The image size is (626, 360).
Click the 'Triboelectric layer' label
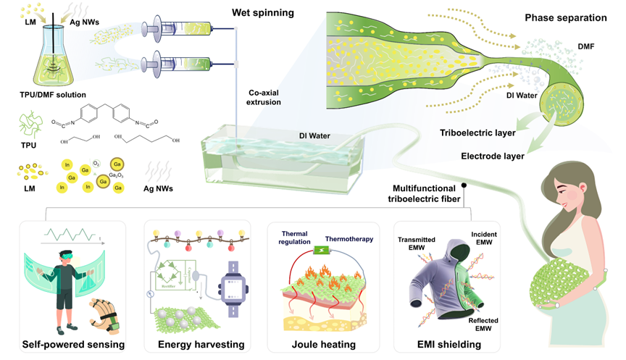pos(476,133)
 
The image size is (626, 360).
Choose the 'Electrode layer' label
pos(493,154)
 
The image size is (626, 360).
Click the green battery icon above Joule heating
pos(317,253)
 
